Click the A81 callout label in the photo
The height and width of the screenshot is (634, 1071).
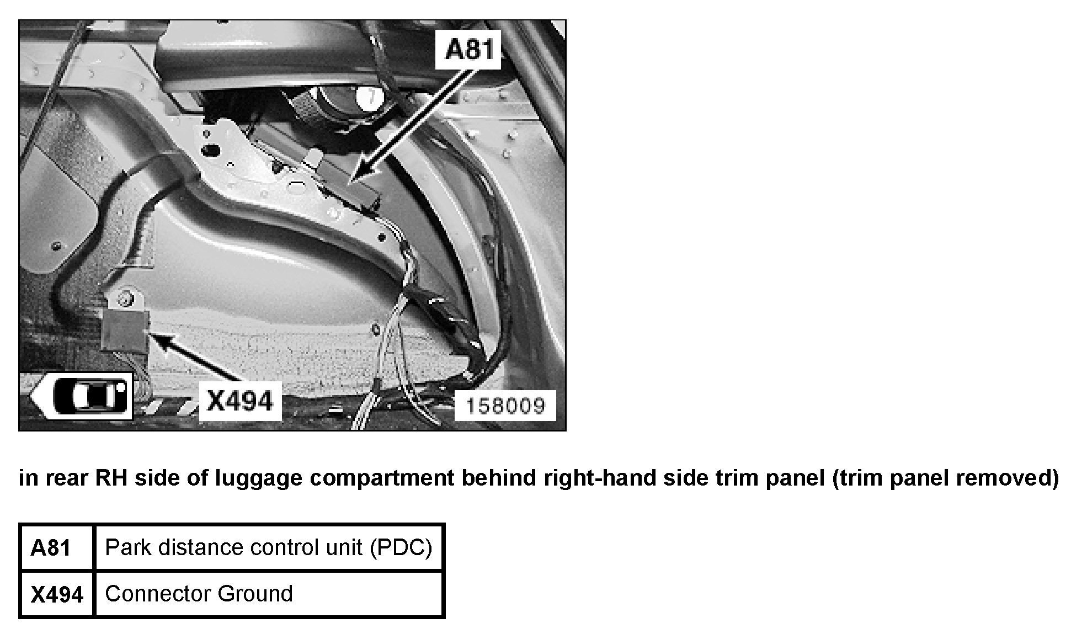pyautogui.click(x=468, y=50)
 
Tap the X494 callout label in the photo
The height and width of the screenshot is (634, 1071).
pyautogui.click(x=240, y=401)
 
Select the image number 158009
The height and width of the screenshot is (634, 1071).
pyautogui.click(x=505, y=406)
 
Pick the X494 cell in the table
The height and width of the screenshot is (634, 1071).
pyautogui.click(x=57, y=594)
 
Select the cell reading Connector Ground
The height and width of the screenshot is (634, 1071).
pyautogui.click(x=269, y=594)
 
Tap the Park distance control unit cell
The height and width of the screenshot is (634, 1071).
pyautogui.click(x=269, y=547)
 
